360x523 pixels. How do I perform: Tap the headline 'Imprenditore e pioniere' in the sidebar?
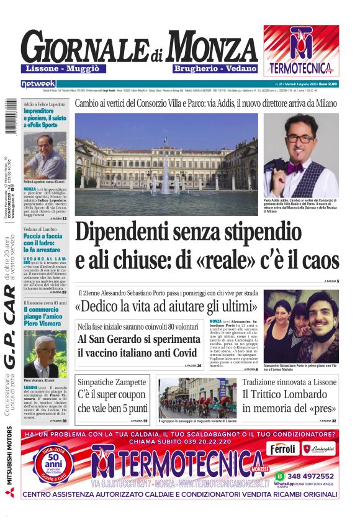coord(44,118)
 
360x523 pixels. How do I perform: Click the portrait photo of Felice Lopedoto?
coord(45,156)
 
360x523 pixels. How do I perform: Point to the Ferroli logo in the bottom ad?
coord(282,448)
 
